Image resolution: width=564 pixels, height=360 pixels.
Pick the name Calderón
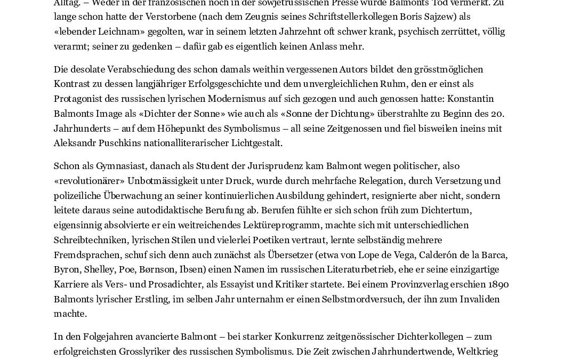click(437, 255)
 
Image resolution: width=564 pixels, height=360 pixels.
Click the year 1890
click(497, 284)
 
